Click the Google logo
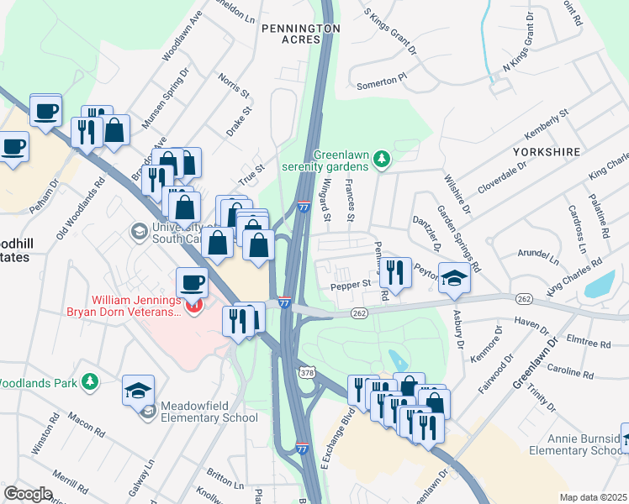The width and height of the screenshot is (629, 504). (29, 494)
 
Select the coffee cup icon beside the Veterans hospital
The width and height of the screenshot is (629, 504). (192, 282)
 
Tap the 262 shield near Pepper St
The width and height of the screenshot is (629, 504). (359, 312)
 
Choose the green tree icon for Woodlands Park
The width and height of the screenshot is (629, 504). (89, 383)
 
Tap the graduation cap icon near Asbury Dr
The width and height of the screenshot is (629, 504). (454, 278)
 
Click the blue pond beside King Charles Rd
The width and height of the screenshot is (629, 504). (598, 286)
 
